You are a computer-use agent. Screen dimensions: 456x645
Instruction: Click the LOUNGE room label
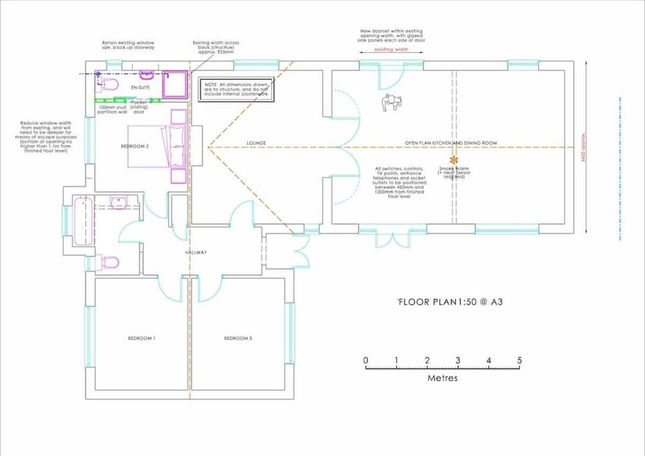257,143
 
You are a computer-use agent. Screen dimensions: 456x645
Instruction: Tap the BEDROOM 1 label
142,338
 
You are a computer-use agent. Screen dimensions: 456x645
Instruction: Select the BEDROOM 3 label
238,338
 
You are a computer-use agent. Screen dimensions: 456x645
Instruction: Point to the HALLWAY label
196,252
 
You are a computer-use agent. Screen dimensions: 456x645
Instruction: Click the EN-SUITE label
140,87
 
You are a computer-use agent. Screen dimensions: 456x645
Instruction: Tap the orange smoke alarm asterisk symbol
454,160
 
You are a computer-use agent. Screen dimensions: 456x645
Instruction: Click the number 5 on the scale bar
519,361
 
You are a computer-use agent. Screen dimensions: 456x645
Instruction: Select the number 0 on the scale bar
366,361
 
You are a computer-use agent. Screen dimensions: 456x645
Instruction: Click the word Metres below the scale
442,378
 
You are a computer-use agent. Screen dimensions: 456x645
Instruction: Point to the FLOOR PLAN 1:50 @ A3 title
449,302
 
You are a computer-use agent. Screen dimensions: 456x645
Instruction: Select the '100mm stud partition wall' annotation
112,109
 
